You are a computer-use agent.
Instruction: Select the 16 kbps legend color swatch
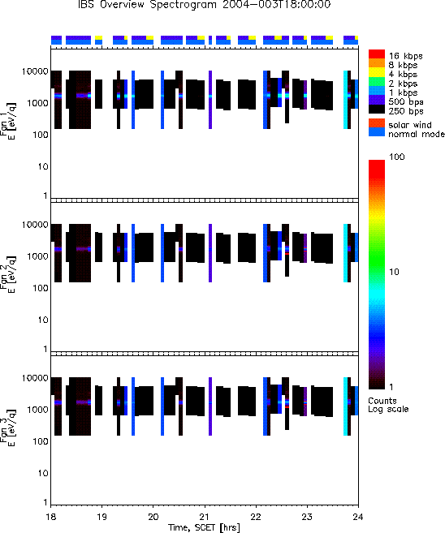[377, 54]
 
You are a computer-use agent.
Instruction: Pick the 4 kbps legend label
[403, 75]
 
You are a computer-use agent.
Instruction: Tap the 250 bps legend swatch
[377, 110]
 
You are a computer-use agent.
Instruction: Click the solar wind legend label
[410, 125]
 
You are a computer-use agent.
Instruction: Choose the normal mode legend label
[417, 134]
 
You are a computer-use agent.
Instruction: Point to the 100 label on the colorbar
[397, 157]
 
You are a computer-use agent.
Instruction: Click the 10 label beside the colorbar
[394, 272]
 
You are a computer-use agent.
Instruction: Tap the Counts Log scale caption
[388, 405]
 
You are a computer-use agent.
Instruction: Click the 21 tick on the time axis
[205, 517]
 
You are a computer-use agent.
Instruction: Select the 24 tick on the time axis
[358, 517]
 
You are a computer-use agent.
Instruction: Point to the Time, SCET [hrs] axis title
[204, 527]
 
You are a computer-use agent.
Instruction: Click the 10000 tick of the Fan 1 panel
[35, 71]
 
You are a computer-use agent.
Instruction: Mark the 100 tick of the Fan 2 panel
[41, 288]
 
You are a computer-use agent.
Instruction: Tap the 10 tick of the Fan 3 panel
[43, 474]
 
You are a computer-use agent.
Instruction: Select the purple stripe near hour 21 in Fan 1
[210, 100]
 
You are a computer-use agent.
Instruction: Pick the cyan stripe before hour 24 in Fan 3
[345, 406]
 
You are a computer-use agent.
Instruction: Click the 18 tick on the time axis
[50, 517]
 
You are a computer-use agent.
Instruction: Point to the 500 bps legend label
[406, 102]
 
